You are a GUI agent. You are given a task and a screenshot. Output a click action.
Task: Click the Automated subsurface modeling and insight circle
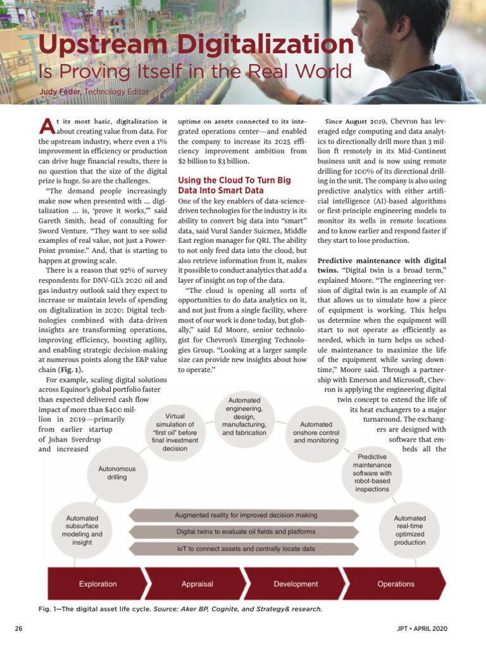[83, 530]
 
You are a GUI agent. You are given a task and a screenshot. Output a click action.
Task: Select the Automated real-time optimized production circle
[409, 530]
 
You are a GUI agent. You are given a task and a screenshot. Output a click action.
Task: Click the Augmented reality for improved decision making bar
[246, 515]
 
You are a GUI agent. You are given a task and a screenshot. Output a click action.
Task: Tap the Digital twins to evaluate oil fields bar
[246, 532]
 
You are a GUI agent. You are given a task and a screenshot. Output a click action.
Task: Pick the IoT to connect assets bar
[246, 549]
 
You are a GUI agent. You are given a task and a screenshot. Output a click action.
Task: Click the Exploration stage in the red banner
[97, 584]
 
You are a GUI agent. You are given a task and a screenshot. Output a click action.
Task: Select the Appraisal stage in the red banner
[197, 584]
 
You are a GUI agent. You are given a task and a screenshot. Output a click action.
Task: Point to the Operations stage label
[396, 584]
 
